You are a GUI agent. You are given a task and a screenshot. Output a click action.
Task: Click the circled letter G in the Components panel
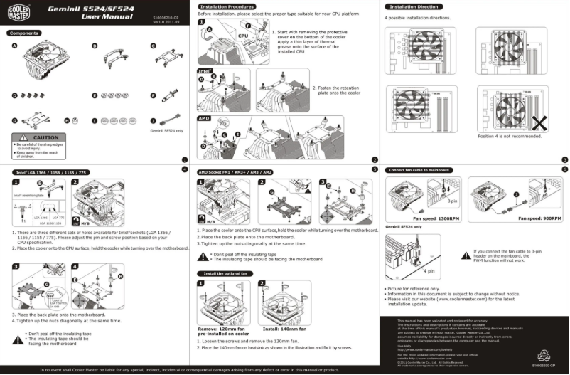tap(14, 120)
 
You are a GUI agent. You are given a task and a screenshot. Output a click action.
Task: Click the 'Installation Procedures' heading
tap(225, 6)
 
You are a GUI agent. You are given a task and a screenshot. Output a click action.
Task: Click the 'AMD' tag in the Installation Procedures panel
tap(204, 118)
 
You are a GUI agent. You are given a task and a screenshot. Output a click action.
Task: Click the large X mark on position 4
tap(539, 121)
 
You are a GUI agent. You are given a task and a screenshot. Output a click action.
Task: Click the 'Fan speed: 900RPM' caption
tap(542, 218)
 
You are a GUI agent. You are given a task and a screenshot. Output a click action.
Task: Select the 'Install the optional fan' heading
tap(226, 273)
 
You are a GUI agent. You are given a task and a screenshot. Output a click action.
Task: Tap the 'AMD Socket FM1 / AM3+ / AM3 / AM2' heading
tap(235, 172)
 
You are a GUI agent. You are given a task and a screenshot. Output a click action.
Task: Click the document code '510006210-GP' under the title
tap(166, 15)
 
